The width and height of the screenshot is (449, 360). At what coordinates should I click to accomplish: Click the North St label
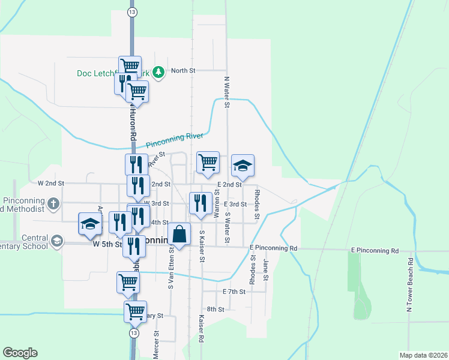(x=183, y=71)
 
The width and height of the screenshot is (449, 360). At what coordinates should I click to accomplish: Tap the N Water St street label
(x=227, y=92)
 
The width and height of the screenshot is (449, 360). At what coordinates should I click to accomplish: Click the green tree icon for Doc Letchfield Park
(x=158, y=73)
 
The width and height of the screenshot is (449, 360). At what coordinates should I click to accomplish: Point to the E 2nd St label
(x=229, y=185)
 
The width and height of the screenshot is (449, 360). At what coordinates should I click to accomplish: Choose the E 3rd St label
(x=235, y=204)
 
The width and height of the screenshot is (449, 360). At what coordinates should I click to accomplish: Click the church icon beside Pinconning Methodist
(x=53, y=203)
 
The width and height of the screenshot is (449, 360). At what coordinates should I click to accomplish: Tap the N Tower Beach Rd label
(x=409, y=285)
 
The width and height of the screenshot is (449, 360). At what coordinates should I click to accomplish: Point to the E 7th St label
(x=234, y=292)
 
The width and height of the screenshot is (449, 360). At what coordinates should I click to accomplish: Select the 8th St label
(x=215, y=310)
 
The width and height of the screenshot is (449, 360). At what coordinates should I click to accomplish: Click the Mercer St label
(x=156, y=344)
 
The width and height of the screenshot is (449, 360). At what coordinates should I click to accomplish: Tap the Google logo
(x=20, y=353)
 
